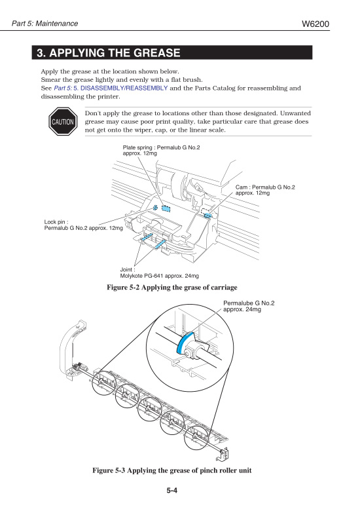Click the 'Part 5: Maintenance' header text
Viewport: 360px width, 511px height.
(x=45, y=24)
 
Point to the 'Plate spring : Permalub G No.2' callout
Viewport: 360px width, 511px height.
(x=161, y=147)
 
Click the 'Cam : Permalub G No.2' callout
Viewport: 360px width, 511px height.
(x=265, y=187)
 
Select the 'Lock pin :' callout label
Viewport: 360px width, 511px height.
(x=56, y=222)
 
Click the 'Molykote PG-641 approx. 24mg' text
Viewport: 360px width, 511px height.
(x=159, y=276)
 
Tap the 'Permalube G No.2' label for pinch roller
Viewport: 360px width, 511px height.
(x=249, y=303)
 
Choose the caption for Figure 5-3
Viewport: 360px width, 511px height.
(x=172, y=471)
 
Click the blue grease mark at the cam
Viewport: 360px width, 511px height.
(x=208, y=214)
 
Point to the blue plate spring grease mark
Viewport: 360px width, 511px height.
(x=166, y=208)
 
